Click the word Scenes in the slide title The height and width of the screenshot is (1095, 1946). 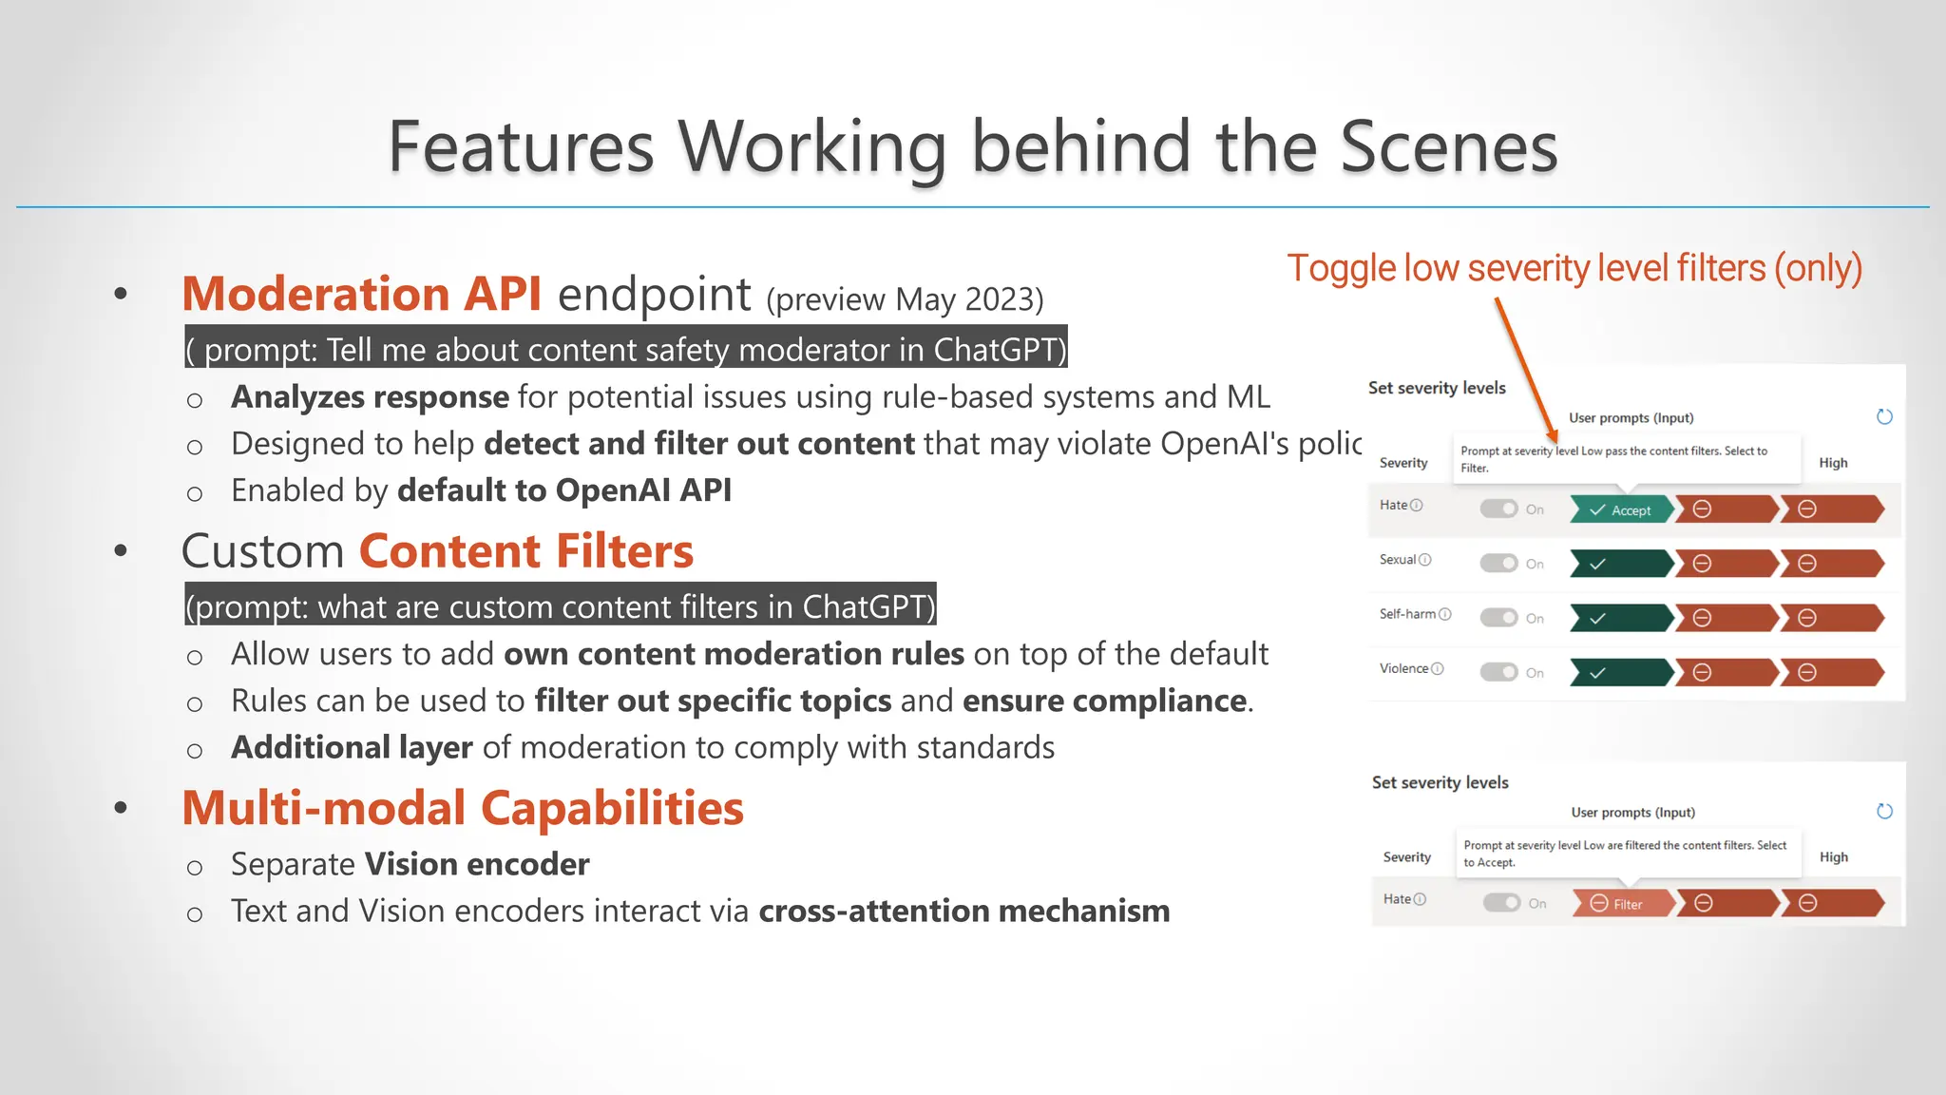[1448, 147]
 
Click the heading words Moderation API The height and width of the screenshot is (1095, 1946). [361, 294]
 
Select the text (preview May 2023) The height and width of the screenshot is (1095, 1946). [905, 299]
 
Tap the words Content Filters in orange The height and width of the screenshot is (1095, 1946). [526, 551]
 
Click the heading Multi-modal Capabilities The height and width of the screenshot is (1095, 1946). [463, 808]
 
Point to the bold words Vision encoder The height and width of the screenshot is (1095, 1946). [477, 864]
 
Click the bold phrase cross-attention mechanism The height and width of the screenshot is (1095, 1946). [964, 911]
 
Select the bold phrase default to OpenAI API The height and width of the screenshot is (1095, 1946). [564, 490]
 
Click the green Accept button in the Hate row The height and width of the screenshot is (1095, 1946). [1621, 510]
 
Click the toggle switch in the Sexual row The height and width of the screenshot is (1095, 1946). [1498, 564]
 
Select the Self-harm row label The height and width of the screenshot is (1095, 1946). [1407, 614]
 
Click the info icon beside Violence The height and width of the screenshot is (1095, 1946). [1438, 668]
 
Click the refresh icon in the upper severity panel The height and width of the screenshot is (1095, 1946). [1884, 417]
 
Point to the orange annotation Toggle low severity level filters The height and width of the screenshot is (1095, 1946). [1574, 269]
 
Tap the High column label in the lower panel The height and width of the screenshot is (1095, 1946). [1833, 856]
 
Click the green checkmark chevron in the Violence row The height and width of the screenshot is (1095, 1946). [1619, 673]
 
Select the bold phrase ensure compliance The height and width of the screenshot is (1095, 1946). [1104, 701]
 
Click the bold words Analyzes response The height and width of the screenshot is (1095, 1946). [370, 397]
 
